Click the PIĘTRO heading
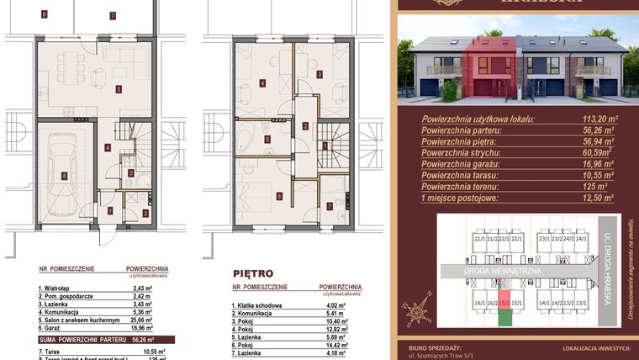tap(253, 273)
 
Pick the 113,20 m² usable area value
tap(599, 119)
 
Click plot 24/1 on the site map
tap(580, 239)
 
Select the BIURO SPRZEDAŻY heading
tap(441, 345)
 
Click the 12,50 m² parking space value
tap(599, 198)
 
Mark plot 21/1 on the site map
tap(480, 239)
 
